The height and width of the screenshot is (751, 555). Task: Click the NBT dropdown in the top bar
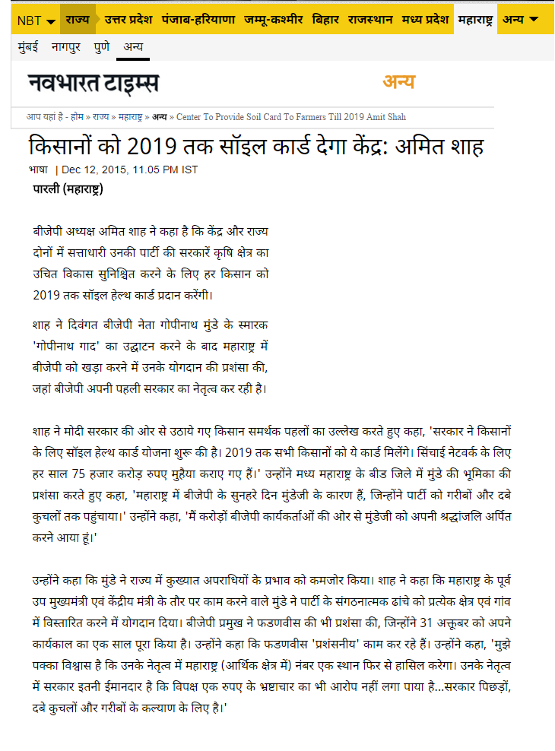36,20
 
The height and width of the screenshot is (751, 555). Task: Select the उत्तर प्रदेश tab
128,19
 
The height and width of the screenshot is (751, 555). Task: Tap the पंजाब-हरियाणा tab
198,19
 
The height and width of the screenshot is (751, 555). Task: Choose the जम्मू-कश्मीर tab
273,19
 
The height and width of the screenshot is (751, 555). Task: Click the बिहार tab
325,19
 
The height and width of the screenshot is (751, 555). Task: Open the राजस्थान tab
372,19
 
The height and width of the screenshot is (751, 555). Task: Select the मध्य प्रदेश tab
426,19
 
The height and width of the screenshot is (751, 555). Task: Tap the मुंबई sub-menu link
30,47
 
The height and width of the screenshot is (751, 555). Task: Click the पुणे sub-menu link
101,47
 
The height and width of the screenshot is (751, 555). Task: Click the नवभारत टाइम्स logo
94,83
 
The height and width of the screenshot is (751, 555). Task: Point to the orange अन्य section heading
398,82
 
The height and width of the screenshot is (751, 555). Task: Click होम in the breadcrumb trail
78,117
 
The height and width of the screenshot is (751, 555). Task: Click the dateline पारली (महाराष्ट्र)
68,189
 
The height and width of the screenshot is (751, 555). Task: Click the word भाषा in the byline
38,170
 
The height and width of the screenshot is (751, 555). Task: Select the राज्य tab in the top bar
78,19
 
